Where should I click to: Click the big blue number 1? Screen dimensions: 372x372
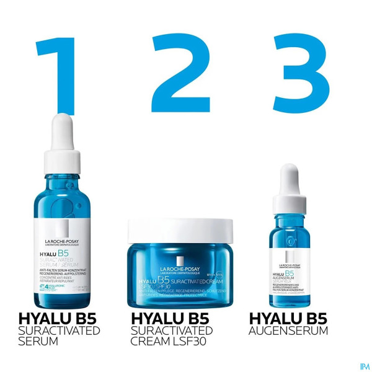[x=57, y=71]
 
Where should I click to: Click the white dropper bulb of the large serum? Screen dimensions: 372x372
[x=62, y=130]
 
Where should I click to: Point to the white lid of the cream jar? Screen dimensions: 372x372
[x=179, y=230]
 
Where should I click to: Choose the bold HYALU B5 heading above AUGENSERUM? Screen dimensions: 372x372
[x=288, y=319]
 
